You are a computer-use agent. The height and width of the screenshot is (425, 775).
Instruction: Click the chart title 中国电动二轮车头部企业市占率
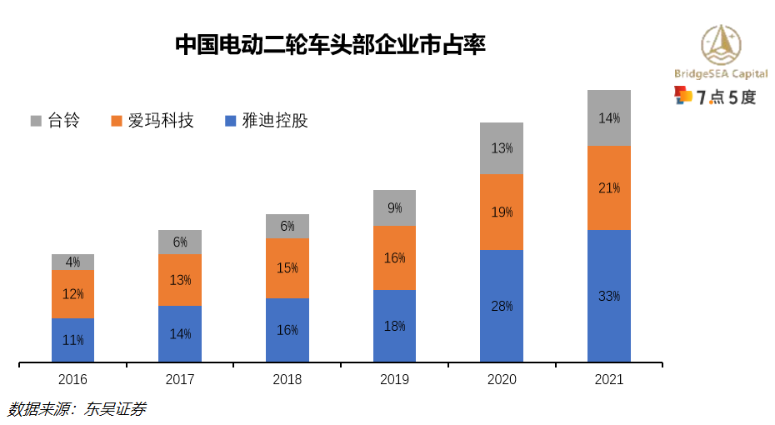(x=330, y=44)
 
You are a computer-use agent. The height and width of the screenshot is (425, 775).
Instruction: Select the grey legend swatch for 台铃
(x=36, y=121)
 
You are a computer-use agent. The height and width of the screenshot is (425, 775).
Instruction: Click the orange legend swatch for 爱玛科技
(x=117, y=121)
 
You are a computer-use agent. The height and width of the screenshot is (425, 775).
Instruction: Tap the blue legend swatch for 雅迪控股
(x=231, y=121)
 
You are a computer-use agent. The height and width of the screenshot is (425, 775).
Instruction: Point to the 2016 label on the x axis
(x=72, y=379)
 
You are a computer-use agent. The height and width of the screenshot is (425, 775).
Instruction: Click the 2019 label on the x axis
(x=394, y=379)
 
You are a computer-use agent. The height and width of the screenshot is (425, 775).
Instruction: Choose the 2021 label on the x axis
(x=609, y=379)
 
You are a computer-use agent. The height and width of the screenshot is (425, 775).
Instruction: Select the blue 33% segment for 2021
(x=609, y=296)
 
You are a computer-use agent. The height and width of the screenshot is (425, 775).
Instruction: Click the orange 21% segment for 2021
(x=609, y=187)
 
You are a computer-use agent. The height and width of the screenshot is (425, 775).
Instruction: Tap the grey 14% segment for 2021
(x=609, y=117)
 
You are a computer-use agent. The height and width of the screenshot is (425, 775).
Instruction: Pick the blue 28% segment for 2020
(x=502, y=306)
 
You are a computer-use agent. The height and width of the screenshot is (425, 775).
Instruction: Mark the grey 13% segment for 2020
(x=502, y=148)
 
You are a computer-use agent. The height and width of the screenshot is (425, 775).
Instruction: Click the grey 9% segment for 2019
(x=394, y=207)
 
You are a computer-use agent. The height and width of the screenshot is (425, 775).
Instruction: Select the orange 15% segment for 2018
(x=287, y=267)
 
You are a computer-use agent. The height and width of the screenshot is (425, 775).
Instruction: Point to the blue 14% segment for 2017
(x=180, y=333)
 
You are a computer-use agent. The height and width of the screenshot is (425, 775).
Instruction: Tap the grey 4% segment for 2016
(x=72, y=262)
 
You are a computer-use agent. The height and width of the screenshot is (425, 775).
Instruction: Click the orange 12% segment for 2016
(x=72, y=293)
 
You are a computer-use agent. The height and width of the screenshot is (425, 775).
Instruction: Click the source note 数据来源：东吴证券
(x=77, y=409)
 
